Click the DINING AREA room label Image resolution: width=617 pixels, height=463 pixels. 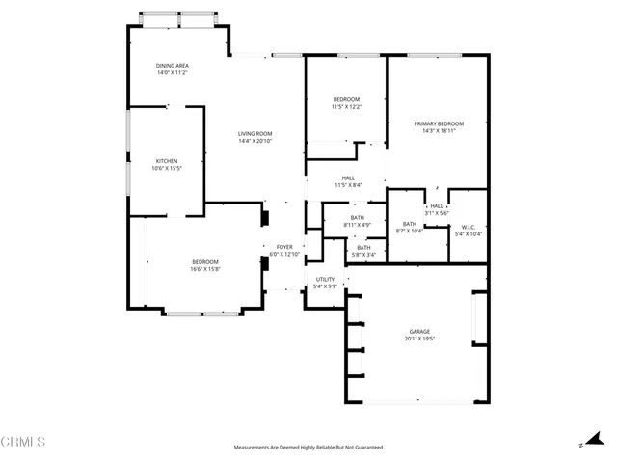point(172,66)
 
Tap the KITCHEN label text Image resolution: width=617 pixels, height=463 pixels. point(167,161)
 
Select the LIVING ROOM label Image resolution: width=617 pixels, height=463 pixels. point(255,134)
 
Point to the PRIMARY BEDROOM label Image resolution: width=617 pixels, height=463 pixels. point(439,123)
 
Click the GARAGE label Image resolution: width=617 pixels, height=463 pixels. point(418,332)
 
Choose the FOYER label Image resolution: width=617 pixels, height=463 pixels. point(284,247)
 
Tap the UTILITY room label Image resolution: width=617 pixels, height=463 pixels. point(325,279)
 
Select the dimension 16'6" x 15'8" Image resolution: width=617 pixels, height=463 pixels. point(205,269)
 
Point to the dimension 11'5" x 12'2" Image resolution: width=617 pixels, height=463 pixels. point(346,107)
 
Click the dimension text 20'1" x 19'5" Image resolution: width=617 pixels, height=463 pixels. point(418,340)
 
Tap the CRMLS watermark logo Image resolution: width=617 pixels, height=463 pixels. point(23,443)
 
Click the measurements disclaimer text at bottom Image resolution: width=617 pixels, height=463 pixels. point(308,448)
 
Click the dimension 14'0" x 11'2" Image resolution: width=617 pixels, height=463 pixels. point(172,72)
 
